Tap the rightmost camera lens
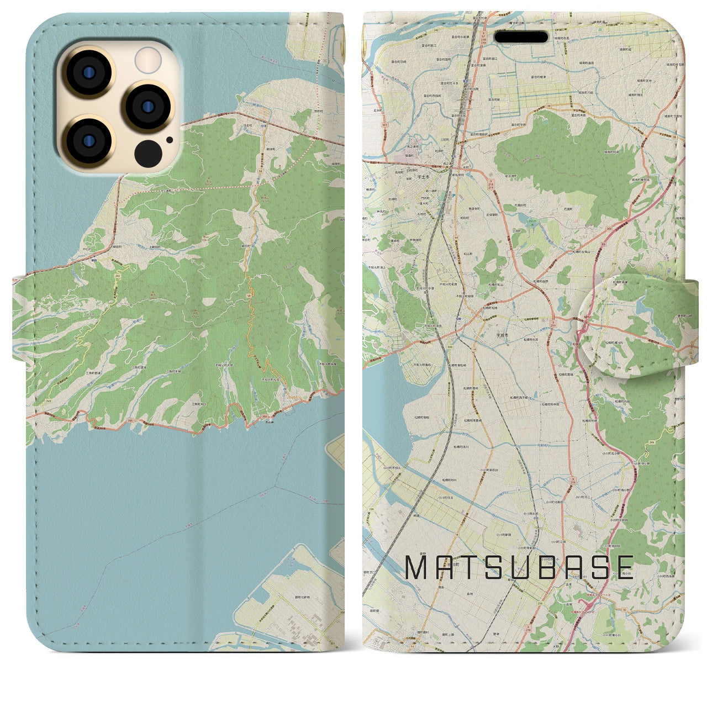[x=148, y=106]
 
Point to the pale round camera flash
[x=148, y=59]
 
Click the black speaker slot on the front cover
[x=521, y=37]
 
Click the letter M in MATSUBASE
[x=418, y=567]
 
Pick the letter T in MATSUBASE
[x=473, y=567]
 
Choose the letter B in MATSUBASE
[x=558, y=567]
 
